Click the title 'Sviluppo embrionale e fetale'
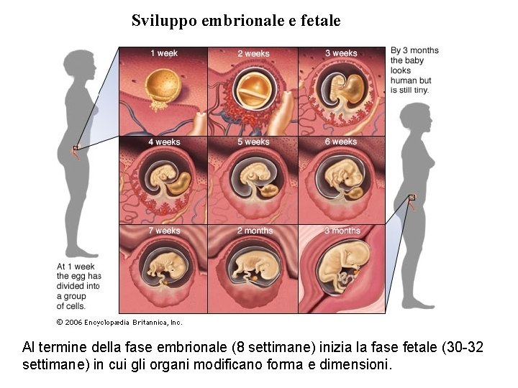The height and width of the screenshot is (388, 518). pos(235,21)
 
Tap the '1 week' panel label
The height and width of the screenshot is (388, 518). pos(163,53)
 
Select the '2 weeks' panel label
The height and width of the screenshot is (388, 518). pos(253,54)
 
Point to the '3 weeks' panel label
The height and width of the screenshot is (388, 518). pos(341,53)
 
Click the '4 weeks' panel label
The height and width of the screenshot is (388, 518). pos(164,142)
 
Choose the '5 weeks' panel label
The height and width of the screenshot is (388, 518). pos(253,142)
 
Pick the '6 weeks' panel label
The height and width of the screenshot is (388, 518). pos(341,142)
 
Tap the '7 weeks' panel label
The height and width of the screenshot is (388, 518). pos(164,231)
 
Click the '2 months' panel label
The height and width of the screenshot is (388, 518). pos(255,231)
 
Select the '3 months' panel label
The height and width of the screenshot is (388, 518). pos(342,231)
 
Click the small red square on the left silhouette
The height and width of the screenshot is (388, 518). pos(75,148)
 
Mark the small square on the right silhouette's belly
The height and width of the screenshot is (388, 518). pos(412,197)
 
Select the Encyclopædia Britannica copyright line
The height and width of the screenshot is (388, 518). pos(119,323)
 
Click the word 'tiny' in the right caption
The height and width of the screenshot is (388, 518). pos(420,91)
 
